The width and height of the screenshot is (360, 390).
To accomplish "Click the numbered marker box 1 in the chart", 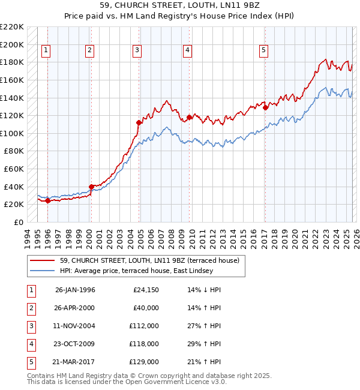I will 47,51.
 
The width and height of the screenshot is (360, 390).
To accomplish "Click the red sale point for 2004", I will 139,122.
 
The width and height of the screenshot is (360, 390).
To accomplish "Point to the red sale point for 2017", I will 265,107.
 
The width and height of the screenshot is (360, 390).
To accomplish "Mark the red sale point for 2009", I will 189,117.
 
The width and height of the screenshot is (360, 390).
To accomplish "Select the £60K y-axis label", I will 14,169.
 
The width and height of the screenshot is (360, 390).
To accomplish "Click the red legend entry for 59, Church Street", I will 149,260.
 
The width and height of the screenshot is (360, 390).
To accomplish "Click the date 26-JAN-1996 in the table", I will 75,290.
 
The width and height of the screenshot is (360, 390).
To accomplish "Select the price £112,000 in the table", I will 144,326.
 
